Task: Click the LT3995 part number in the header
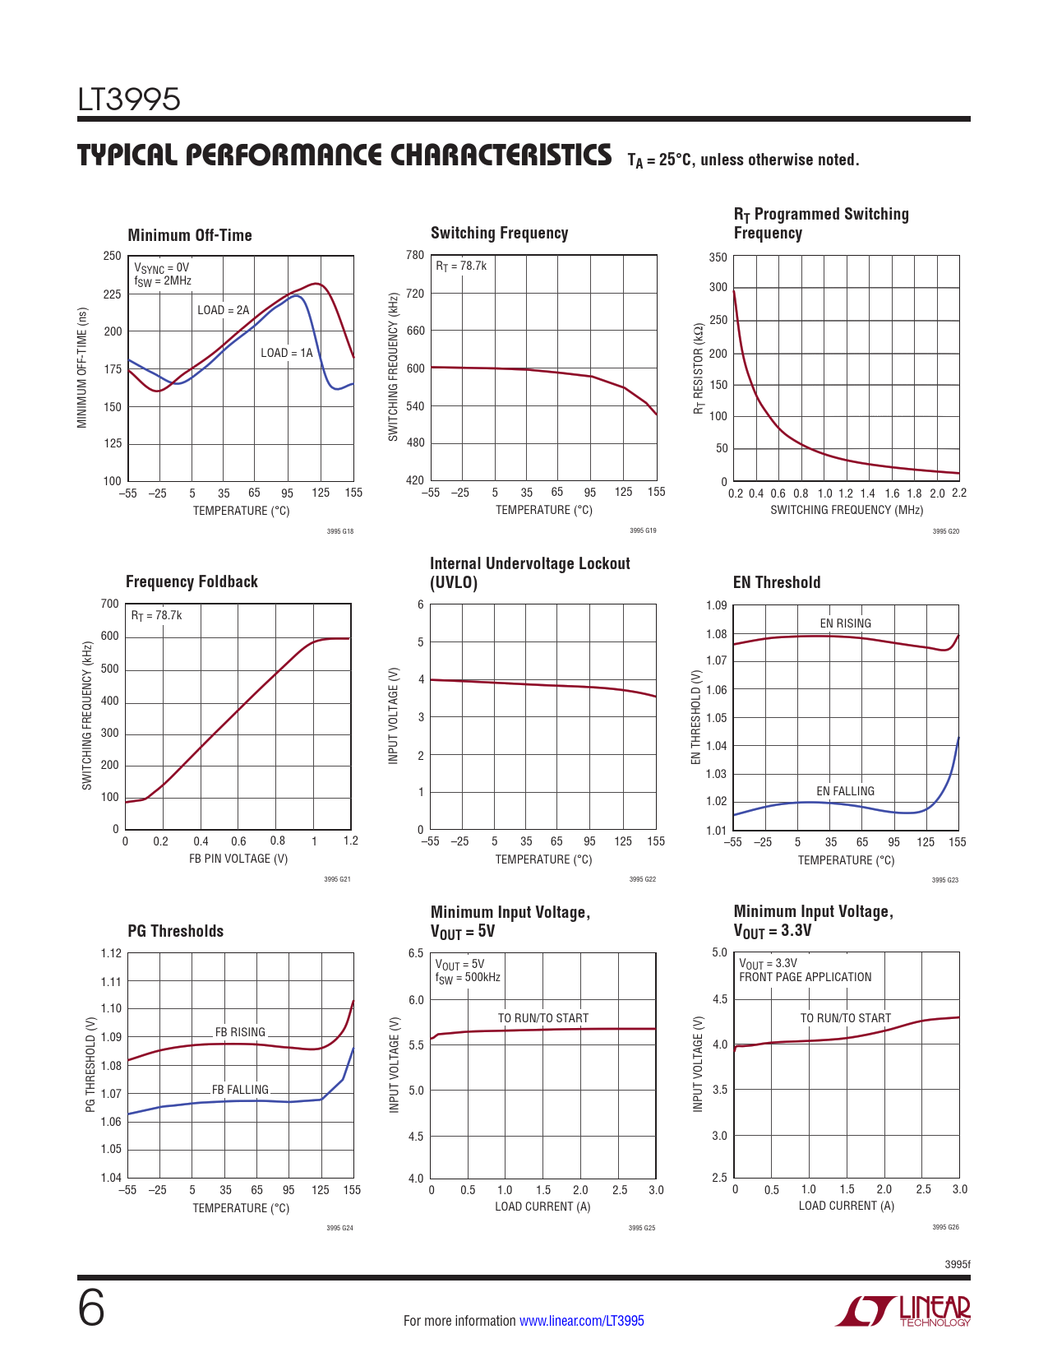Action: [x=129, y=100]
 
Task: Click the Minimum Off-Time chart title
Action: [x=190, y=235]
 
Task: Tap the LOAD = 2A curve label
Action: [x=223, y=310]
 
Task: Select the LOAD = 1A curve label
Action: [x=286, y=353]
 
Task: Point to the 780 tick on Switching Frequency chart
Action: [x=415, y=256]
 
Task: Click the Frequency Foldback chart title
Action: [x=192, y=581]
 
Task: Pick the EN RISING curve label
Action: [x=845, y=623]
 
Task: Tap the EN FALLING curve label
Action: [x=845, y=791]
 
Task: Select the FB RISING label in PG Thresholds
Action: [x=240, y=1032]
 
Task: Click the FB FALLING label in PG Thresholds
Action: [x=240, y=1090]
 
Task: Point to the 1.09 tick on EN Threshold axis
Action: [x=717, y=606]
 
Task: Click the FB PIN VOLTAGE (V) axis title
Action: [x=238, y=859]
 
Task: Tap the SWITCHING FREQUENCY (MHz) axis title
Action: [x=847, y=510]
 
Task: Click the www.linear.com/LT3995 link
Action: [x=582, y=1321]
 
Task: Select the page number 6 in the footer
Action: [x=91, y=1308]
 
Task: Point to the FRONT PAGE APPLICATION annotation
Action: [x=805, y=977]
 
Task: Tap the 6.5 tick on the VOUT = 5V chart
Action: [x=416, y=953]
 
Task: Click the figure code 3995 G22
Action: [x=642, y=879]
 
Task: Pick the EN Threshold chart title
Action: [x=777, y=582]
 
